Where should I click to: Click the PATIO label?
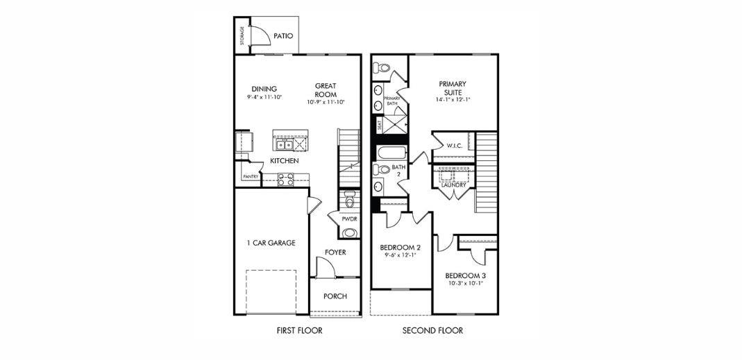coord(283,36)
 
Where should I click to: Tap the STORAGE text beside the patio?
coord(242,35)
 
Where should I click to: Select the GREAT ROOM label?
coord(326,90)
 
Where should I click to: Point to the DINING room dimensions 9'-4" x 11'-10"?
coord(264,98)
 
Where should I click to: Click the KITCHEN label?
coord(284,161)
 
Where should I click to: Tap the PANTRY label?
coord(251,177)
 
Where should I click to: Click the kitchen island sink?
coord(284,144)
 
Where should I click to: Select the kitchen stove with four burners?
coord(285,179)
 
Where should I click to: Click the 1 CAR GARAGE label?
coord(271,243)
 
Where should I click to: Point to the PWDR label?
coord(348,218)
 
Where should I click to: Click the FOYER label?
coord(335,252)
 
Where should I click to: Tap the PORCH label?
coord(335,296)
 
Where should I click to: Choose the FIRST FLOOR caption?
coord(299,331)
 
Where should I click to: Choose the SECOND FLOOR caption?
coord(432,331)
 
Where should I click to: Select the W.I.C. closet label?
coord(455,146)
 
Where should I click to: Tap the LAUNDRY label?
coord(454,185)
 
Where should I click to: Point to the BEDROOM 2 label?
coord(400,248)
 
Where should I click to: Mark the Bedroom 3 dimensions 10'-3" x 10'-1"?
coord(464,283)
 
